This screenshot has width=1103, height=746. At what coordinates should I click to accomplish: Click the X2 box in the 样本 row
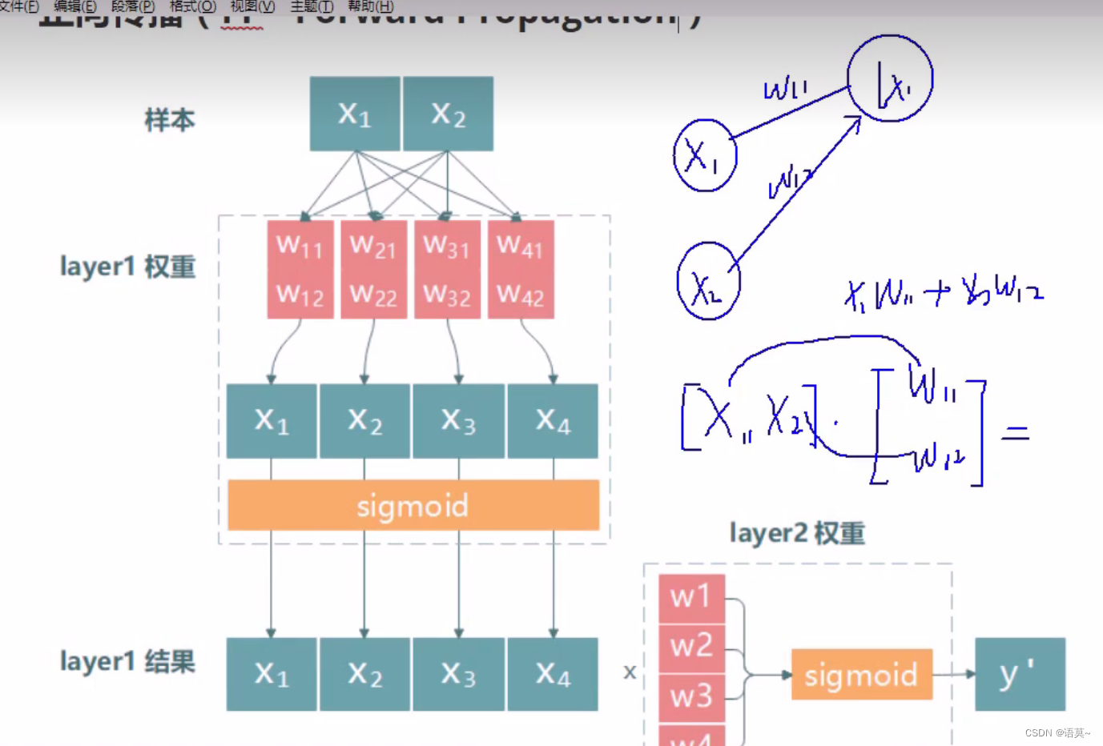click(448, 114)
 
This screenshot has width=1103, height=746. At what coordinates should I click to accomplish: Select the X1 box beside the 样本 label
click(355, 114)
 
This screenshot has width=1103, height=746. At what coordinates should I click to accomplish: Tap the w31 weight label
click(447, 246)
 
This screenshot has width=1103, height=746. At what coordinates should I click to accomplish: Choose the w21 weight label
click(373, 246)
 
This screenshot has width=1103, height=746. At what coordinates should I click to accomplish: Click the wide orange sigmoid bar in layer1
click(413, 505)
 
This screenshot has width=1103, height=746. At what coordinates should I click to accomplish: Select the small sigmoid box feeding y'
click(861, 675)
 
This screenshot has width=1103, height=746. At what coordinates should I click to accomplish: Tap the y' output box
click(1020, 674)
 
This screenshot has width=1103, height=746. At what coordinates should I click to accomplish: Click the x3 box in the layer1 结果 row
click(458, 674)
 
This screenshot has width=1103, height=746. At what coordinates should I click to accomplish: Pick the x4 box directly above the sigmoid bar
click(553, 420)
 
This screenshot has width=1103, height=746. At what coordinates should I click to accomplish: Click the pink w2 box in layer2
click(691, 645)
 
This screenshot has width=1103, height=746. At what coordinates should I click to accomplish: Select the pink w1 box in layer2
click(691, 597)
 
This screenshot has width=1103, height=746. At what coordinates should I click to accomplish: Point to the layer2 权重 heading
click(797, 533)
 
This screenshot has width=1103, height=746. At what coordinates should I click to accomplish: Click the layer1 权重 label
click(128, 267)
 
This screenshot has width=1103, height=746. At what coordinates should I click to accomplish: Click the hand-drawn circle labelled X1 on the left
click(705, 155)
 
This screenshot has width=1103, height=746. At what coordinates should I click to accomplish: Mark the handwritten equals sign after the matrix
click(1015, 433)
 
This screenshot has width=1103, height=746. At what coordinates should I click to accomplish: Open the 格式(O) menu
click(193, 6)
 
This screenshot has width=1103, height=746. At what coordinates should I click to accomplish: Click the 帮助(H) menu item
click(371, 6)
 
